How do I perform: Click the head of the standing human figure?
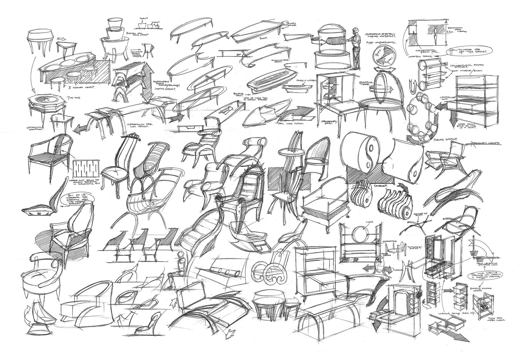click(x=356, y=30)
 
